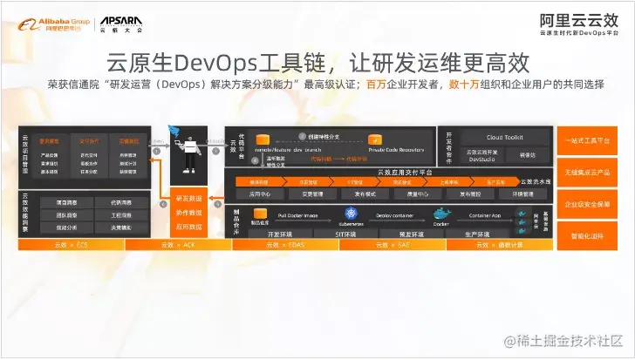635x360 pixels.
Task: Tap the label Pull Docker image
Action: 297,214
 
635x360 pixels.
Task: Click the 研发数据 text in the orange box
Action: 188,198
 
